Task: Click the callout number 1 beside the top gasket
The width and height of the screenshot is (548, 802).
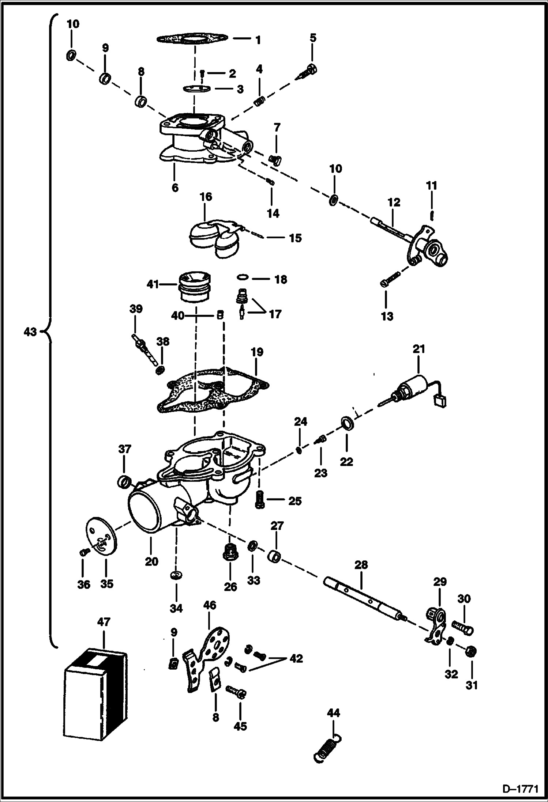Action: (258, 40)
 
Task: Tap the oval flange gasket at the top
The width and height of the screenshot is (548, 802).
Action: (192, 38)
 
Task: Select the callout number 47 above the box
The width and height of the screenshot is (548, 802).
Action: (104, 622)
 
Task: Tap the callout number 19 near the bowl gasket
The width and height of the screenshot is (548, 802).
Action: (257, 352)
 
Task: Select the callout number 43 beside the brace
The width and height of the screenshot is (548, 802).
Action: (30, 332)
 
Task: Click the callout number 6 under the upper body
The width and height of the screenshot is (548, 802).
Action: (175, 188)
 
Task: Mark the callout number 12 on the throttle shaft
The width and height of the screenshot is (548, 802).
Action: (394, 203)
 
